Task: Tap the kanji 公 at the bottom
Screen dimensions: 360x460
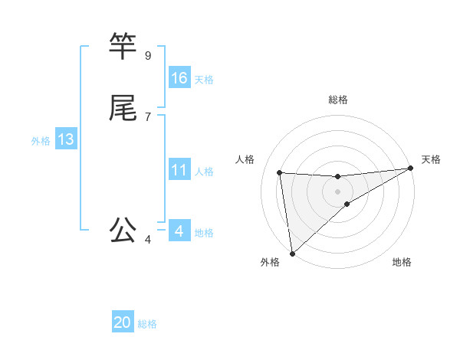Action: pyautogui.click(x=123, y=229)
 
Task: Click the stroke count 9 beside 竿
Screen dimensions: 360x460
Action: pyautogui.click(x=147, y=55)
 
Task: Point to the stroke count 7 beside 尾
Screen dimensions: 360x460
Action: pyautogui.click(x=147, y=116)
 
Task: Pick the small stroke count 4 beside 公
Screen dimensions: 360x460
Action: pyautogui.click(x=147, y=240)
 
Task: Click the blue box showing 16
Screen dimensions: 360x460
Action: pyautogui.click(x=179, y=77)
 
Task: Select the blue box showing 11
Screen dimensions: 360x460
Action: pyautogui.click(x=179, y=170)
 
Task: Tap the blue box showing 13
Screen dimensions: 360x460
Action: pyautogui.click(x=66, y=139)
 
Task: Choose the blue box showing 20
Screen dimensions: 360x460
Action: pyautogui.click(x=123, y=322)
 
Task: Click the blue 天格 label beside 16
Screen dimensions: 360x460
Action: pyautogui.click(x=204, y=79)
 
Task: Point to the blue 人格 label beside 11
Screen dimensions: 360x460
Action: pyautogui.click(x=204, y=172)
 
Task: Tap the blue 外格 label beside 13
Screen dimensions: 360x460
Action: pyautogui.click(x=41, y=141)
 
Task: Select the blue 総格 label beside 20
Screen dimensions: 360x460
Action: pyautogui.click(x=147, y=324)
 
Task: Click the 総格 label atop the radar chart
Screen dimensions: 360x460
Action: pyautogui.click(x=337, y=100)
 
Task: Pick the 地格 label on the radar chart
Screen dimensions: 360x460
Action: pyautogui.click(x=402, y=263)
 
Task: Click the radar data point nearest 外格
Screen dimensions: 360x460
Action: pyautogui.click(x=292, y=253)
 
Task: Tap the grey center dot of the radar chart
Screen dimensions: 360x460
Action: pyautogui.click(x=337, y=191)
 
